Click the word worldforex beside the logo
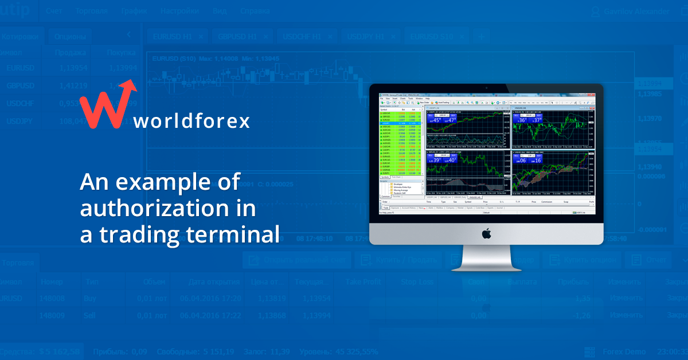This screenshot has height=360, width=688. click(191, 122)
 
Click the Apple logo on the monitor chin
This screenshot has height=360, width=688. click(486, 233)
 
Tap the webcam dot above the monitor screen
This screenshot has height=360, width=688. click(486, 87)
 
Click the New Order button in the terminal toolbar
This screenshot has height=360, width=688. click(425, 103)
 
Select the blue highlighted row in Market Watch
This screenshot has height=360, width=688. click(401, 123)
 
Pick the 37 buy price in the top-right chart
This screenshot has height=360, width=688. click(536, 120)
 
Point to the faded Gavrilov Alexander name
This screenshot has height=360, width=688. click(636, 11)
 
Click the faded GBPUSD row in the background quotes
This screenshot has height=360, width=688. click(20, 85)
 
